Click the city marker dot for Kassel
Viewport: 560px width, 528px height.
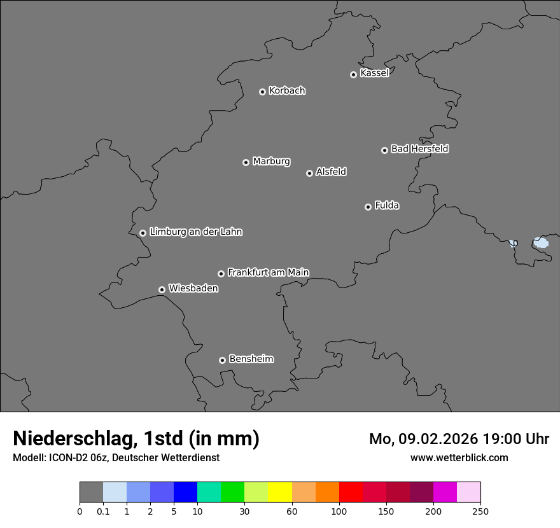click(x=353, y=74)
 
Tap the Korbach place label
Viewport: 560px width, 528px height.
click(x=287, y=91)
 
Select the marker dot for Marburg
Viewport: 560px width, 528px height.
click(x=246, y=162)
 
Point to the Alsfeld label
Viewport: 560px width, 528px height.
click(x=331, y=172)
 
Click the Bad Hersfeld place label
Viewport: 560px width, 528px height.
click(x=419, y=149)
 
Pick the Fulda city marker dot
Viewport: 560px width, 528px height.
click(x=368, y=207)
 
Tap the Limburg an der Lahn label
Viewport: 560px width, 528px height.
click(x=195, y=232)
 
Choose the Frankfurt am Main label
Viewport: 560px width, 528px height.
click(x=268, y=272)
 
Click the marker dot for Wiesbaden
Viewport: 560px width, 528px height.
click(x=162, y=289)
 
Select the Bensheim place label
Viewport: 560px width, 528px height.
click(x=251, y=359)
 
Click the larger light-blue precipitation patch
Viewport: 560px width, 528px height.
click(x=541, y=242)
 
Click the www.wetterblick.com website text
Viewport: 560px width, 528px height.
click(x=459, y=457)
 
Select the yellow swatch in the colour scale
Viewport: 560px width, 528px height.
click(x=280, y=492)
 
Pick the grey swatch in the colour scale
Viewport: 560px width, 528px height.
click(x=91, y=492)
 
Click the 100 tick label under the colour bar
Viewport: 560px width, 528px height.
click(x=339, y=511)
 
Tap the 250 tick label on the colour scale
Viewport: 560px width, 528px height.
click(x=480, y=511)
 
